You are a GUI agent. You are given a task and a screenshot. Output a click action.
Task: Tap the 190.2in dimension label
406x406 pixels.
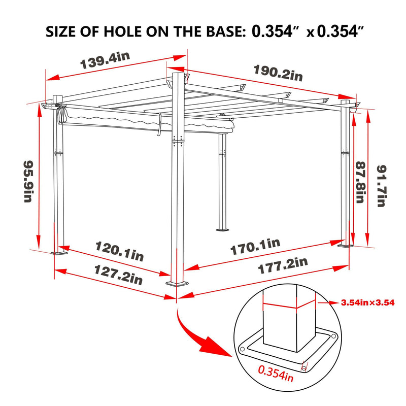pos(278,73)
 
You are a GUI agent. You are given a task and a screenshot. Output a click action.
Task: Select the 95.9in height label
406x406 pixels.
pos(28,182)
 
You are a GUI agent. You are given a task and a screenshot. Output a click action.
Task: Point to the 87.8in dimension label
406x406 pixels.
pos(360,182)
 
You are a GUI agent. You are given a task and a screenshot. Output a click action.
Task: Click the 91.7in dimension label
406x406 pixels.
pos(382,186)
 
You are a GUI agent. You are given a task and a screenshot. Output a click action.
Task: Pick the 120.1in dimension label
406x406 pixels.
pos(119,251)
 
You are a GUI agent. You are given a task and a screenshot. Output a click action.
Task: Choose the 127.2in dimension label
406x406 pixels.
pos(118,275)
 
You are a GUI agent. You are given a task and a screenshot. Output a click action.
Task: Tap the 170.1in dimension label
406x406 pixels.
pos(255,247)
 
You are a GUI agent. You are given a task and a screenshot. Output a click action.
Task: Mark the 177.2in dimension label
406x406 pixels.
pos(283,265)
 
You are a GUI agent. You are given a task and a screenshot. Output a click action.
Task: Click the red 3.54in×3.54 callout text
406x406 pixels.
pos(367,302)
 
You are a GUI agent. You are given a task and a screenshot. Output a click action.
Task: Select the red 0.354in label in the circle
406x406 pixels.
pos(276,374)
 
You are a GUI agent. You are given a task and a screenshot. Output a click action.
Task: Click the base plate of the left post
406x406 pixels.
pos(59,253)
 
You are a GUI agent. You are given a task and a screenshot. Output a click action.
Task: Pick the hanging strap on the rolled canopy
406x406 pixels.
pos(159,124)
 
